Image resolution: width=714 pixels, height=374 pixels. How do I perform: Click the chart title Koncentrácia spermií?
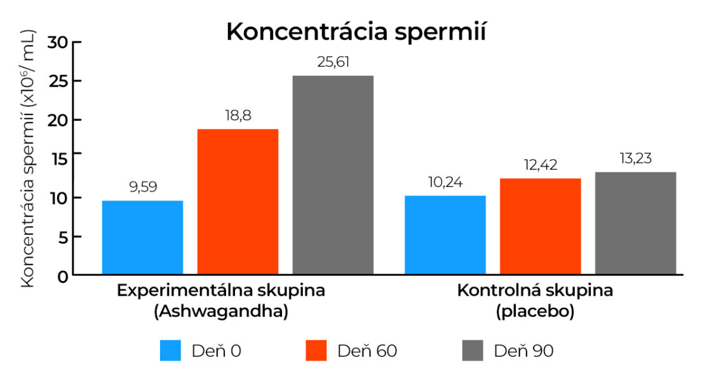click(x=356, y=32)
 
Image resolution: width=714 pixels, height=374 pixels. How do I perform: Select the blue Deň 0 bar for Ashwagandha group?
click(x=142, y=237)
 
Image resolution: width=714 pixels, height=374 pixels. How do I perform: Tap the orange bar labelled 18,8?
click(x=238, y=202)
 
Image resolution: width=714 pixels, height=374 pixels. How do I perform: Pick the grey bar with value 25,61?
click(x=333, y=175)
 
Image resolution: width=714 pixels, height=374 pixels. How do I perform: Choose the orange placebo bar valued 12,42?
click(x=540, y=226)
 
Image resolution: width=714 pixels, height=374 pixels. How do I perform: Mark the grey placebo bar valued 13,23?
click(x=635, y=223)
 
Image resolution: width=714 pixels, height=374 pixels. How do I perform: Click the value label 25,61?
click(x=333, y=62)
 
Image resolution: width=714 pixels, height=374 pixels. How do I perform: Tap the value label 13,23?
click(x=635, y=158)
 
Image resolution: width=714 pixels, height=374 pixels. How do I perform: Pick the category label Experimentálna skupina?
click(x=220, y=291)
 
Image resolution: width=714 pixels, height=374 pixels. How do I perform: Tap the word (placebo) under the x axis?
click(x=535, y=312)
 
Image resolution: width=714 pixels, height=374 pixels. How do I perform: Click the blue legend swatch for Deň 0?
click(x=171, y=350)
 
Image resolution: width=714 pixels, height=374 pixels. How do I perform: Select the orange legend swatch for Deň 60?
click(x=316, y=350)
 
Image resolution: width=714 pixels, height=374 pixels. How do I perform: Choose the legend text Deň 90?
click(x=523, y=350)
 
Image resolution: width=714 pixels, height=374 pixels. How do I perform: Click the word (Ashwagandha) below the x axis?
click(x=220, y=312)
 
